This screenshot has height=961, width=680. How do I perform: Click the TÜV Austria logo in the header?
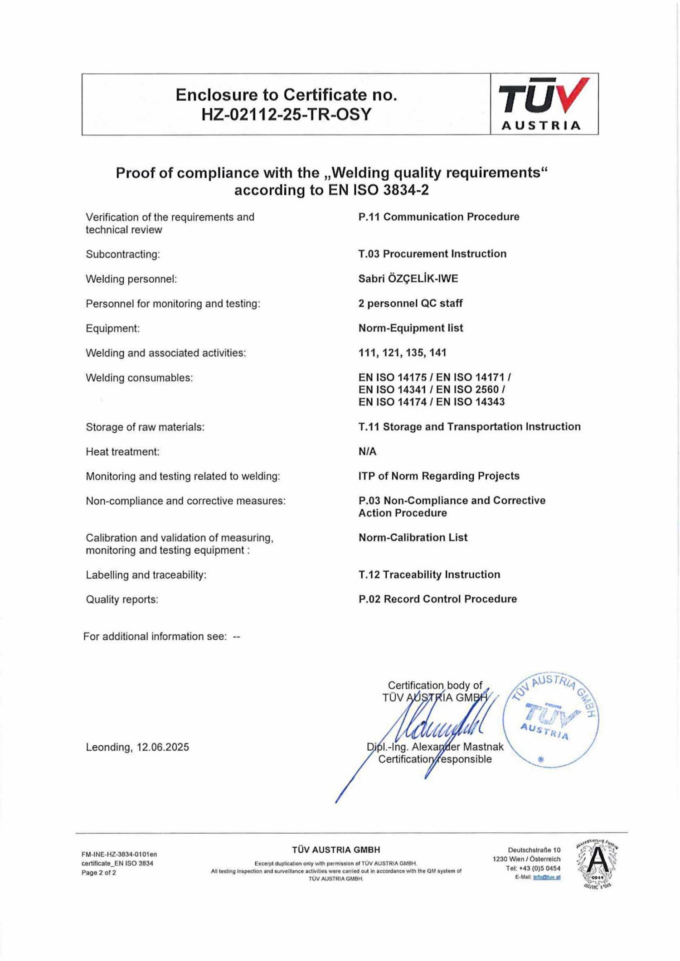click(544, 104)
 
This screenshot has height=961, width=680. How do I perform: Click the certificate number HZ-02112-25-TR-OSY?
click(286, 114)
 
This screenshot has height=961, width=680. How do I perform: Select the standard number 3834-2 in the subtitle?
click(406, 190)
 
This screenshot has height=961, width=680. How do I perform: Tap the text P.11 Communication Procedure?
click(438, 217)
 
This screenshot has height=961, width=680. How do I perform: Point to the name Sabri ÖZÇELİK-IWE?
click(408, 279)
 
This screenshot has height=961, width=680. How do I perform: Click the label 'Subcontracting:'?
click(123, 254)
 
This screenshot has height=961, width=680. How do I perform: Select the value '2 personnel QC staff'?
click(410, 303)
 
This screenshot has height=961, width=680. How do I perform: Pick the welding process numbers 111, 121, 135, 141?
click(402, 353)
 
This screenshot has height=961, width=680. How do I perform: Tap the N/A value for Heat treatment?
click(367, 451)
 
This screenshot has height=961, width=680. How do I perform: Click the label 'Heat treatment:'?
click(122, 452)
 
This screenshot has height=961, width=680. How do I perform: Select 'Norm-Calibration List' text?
click(413, 537)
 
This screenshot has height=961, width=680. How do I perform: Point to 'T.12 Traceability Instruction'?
click(429, 575)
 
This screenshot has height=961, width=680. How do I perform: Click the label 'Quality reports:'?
click(122, 599)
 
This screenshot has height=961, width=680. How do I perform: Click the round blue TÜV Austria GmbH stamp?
click(550, 720)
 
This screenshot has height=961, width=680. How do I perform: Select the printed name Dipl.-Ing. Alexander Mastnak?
click(435, 747)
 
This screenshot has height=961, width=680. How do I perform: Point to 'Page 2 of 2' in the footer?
click(99, 873)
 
